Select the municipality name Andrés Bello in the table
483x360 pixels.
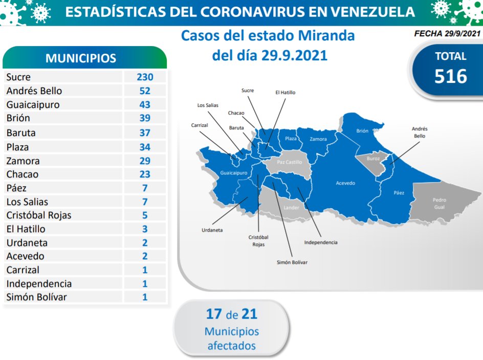[x=34, y=91]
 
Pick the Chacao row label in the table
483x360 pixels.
[x=23, y=174]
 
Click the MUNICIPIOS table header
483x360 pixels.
[x=81, y=58]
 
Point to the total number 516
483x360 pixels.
[x=451, y=76]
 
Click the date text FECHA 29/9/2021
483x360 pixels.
[x=447, y=34]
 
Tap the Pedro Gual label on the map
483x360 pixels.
[x=439, y=203]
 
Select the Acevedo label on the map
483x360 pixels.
[x=345, y=183]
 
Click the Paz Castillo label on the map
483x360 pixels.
[x=290, y=162]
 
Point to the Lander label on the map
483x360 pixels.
[x=291, y=208]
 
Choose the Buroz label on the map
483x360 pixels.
[x=374, y=159]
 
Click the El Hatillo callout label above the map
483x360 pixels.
[x=285, y=93]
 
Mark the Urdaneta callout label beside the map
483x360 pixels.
[x=212, y=230]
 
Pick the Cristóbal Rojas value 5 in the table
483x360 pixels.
[x=145, y=215]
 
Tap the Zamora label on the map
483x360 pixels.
[x=318, y=139]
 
